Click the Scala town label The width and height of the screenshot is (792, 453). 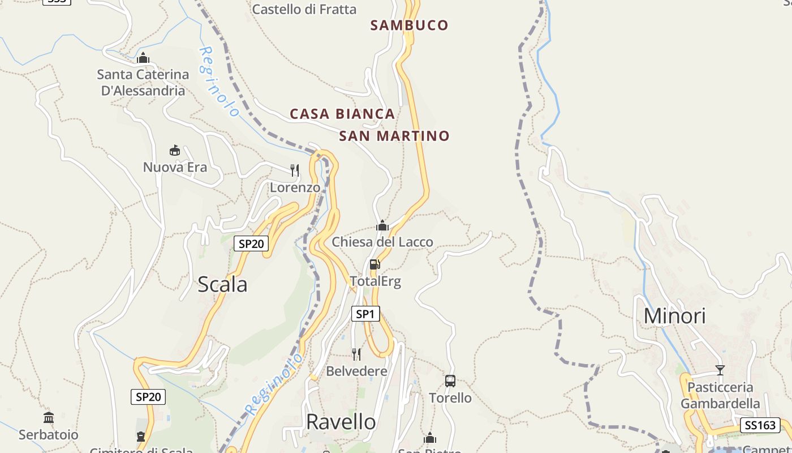pyautogui.click(x=222, y=284)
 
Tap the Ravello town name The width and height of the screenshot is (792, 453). pyautogui.click(x=341, y=422)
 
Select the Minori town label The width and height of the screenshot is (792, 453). pyautogui.click(x=674, y=316)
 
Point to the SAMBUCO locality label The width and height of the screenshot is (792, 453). pyautogui.click(x=409, y=25)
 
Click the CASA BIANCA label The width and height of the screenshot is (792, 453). pyautogui.click(x=342, y=114)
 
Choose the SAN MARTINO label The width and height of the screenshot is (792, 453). pyautogui.click(x=394, y=136)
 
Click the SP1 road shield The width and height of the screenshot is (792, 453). pyautogui.click(x=365, y=314)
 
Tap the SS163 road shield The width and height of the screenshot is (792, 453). pyautogui.click(x=760, y=425)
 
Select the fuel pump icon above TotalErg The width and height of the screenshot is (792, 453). pyautogui.click(x=375, y=264)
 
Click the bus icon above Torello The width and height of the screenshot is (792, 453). pyautogui.click(x=450, y=381)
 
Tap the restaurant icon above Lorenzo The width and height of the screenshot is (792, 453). pyautogui.click(x=294, y=170)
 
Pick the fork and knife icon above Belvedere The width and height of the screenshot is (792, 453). pyautogui.click(x=356, y=354)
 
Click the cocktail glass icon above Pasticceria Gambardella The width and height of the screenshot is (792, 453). pyautogui.click(x=720, y=370)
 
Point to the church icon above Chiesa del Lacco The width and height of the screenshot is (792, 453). pyautogui.click(x=382, y=226)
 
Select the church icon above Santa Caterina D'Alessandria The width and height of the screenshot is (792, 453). pyautogui.click(x=143, y=58)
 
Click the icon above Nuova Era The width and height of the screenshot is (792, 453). pyautogui.click(x=175, y=151)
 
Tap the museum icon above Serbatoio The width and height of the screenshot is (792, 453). pyautogui.click(x=49, y=418)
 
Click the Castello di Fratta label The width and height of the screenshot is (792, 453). pyautogui.click(x=304, y=10)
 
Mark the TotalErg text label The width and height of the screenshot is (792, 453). pyautogui.click(x=375, y=281)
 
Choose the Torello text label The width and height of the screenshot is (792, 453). pyautogui.click(x=450, y=398)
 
